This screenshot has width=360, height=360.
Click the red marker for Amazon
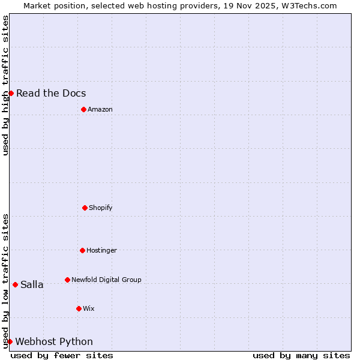point(83,109)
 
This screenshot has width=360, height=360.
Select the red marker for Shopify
point(85,208)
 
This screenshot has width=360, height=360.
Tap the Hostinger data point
point(82,250)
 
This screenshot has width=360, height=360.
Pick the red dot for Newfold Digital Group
point(67,280)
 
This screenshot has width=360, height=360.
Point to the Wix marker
point(79,308)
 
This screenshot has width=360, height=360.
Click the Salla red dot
point(15,284)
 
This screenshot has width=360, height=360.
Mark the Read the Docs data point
point(11,93)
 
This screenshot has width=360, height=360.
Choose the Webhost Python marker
point(10,341)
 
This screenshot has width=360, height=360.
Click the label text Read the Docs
point(51,93)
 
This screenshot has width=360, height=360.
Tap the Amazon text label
point(100,109)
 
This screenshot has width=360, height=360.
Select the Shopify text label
point(101,208)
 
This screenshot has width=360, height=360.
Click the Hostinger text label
point(101,250)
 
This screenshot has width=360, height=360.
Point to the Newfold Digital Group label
point(106,280)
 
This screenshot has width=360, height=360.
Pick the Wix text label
point(89,308)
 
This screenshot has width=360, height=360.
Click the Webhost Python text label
point(54,341)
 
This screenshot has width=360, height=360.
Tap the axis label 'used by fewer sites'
point(62,355)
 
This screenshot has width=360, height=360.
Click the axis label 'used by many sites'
point(301,355)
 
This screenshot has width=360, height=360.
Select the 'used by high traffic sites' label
point(5,85)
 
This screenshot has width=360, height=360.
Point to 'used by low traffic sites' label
point(5,281)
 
